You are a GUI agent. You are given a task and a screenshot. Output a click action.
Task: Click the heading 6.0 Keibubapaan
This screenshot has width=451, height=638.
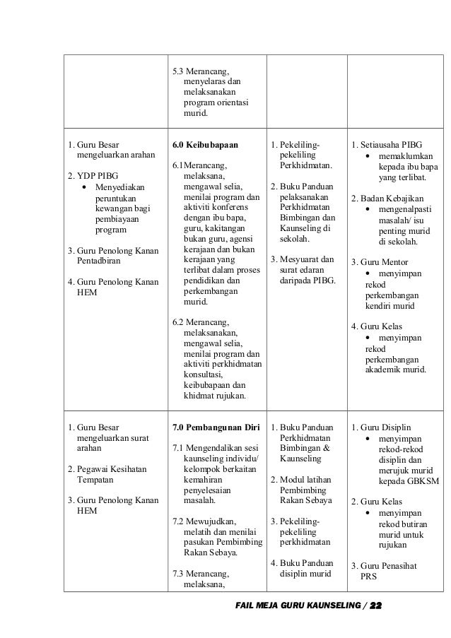205,145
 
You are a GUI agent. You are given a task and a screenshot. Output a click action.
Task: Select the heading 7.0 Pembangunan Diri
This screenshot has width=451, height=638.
216,427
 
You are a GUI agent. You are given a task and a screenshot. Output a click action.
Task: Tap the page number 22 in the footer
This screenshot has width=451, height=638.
375,606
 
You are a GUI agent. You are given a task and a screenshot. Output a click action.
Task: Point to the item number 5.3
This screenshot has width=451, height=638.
179,72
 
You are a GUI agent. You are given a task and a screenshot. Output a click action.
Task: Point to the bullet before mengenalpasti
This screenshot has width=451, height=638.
368,210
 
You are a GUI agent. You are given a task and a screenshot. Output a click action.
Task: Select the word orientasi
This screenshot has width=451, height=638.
228,102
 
